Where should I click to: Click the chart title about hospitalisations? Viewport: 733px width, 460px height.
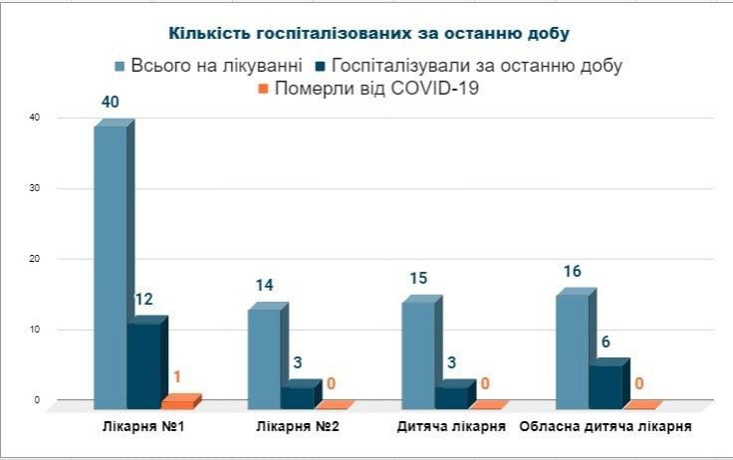coord(368,33)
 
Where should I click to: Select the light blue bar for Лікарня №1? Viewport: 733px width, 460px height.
coord(111,264)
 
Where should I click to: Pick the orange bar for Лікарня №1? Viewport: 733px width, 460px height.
coord(179,403)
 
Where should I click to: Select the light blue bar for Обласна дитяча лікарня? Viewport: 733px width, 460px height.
coord(572,348)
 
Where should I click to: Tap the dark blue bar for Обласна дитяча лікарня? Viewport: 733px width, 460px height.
coord(606,384)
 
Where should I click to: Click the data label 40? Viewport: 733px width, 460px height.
coord(112,103)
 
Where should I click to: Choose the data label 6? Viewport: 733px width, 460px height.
coord(605,342)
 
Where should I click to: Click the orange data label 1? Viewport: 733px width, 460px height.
coord(177,377)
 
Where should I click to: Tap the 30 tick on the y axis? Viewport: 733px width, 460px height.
coord(36,189)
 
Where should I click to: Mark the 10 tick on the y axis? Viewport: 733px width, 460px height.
coord(36,330)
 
